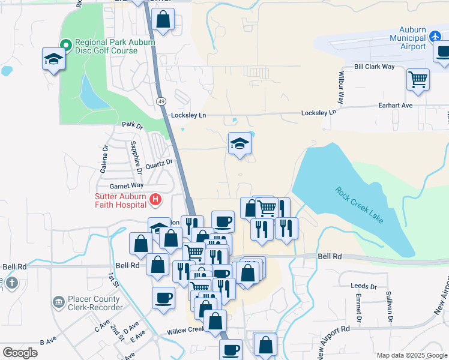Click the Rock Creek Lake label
pyautogui.click(x=359, y=207)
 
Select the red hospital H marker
pyautogui.click(x=155, y=199)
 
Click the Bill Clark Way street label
pyautogui.click(x=375, y=67)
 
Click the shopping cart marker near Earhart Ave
pyautogui.click(x=418, y=79)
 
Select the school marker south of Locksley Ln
pyautogui.click(x=240, y=143)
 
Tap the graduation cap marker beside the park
pyautogui.click(x=53, y=59)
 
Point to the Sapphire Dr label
pyautogui.click(x=135, y=161)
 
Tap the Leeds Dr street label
pyautogui.click(x=365, y=287)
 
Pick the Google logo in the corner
pyautogui.click(x=20, y=352)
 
